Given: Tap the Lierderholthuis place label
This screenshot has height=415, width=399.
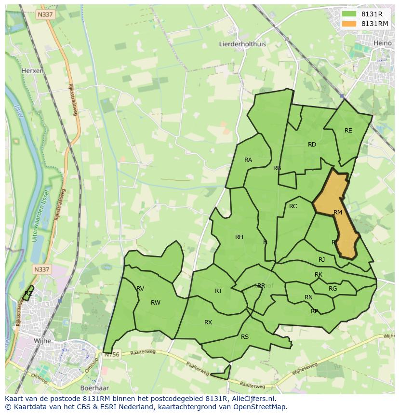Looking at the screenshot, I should coord(242,44).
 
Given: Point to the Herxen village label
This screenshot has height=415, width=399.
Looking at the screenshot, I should coord(32,70).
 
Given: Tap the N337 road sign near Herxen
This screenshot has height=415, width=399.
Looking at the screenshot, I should coord(45,15).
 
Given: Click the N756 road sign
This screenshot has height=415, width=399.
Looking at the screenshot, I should coord(111,355).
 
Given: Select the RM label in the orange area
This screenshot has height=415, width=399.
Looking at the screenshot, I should coord(338,213).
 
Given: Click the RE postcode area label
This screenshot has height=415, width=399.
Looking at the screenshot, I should coord(348,131).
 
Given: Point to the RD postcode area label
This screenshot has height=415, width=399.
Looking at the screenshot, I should coord(312,145).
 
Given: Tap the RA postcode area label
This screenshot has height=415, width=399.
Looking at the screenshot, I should coord(248,160).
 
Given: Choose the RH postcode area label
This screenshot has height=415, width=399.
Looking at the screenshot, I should coord(239,237).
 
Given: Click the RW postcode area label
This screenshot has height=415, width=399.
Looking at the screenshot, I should coord(155,303).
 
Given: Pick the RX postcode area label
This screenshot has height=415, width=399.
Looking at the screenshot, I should coord(208,322).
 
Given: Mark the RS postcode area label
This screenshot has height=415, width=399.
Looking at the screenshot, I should coord(245,337).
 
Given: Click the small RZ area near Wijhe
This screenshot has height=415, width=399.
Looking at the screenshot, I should coord(28,293).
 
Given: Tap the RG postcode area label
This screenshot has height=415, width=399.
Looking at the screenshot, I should coord(332,289).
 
